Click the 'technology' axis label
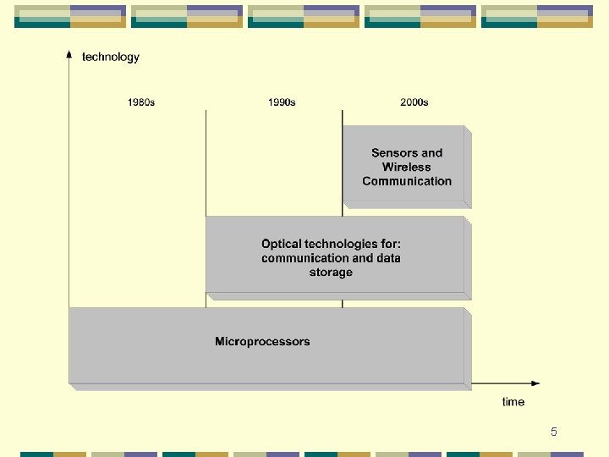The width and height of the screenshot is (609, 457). tap(111, 57)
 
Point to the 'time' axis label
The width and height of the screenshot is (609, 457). tap(513, 401)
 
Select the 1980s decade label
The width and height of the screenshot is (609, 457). tap(141, 102)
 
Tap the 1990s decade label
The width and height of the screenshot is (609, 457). tap(282, 102)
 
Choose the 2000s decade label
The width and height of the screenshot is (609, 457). tap(414, 102)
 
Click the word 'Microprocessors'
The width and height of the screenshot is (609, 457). tap(262, 342)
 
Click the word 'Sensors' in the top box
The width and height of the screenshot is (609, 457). tap(394, 152)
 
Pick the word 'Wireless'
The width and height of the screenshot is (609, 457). tap(407, 167)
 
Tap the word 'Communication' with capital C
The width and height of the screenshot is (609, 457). tap(407, 181)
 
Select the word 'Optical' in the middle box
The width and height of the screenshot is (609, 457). tap(281, 244)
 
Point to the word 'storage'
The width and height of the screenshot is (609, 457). tap(331, 273)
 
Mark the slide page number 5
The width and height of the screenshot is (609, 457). tap(553, 432)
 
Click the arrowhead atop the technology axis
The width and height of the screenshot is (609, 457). tap(69, 54)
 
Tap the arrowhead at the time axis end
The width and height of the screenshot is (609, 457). tap(535, 383)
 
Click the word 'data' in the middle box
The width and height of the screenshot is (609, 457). tap(389, 258)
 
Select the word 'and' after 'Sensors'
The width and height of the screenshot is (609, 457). tap(431, 152)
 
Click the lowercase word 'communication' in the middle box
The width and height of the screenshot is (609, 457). tap(304, 258)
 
